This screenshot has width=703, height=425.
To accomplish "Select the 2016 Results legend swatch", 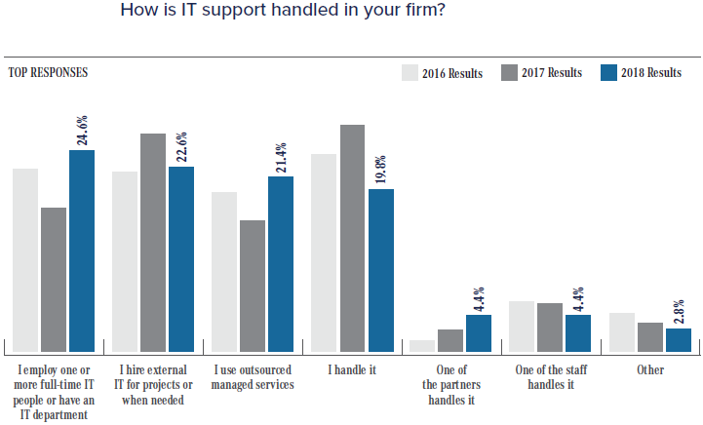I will tap(410, 73).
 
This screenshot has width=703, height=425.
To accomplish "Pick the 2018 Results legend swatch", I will tap(609, 73).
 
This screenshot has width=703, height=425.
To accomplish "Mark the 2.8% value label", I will tap(680, 309).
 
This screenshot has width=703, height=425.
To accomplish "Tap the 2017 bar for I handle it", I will tap(353, 238).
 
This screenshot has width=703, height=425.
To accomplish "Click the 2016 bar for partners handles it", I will tap(422, 345).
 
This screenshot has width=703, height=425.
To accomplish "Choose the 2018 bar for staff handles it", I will tap(579, 332).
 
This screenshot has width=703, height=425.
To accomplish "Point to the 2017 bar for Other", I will tap(650, 336).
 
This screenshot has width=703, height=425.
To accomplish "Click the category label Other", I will tap(650, 370).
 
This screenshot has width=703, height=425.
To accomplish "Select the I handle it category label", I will tap(352, 370).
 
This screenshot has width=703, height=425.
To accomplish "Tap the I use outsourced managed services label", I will tap(254, 377).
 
